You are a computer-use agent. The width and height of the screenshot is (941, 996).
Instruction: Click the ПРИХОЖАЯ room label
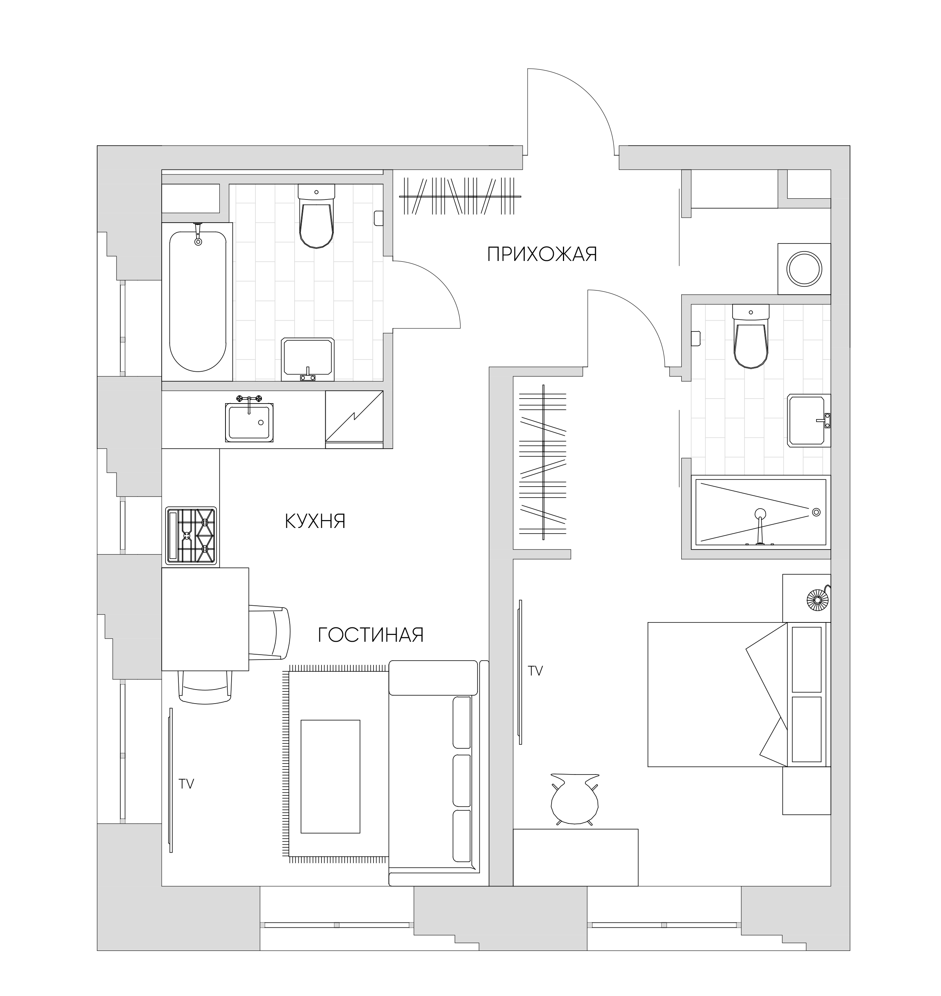pyautogui.click(x=542, y=254)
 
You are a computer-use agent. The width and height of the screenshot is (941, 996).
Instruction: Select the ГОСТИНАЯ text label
pyautogui.click(x=371, y=635)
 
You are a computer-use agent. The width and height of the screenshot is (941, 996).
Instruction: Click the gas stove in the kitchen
pyautogui.click(x=191, y=536)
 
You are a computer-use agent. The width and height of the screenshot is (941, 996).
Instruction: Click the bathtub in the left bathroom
pyautogui.click(x=198, y=298)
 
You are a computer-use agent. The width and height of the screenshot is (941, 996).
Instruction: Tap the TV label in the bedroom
pyautogui.click(x=536, y=671)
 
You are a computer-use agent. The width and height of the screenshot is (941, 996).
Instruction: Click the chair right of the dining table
pyautogui.click(x=270, y=633)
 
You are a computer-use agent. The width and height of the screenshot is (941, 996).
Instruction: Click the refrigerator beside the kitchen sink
pyautogui.click(x=354, y=419)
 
